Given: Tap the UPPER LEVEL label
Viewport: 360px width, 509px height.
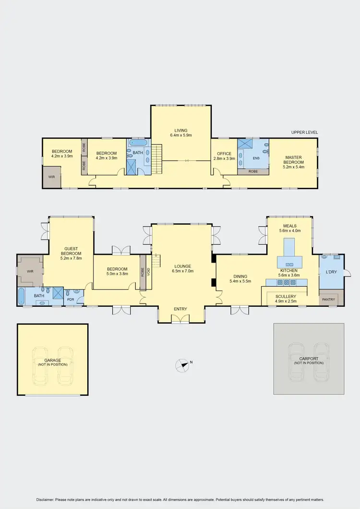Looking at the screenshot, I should (x=304, y=133).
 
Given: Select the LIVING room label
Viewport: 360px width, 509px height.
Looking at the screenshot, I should (x=180, y=130).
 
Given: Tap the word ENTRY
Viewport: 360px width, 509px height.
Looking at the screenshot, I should (x=180, y=309).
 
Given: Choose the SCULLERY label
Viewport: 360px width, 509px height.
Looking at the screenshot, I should (x=285, y=296).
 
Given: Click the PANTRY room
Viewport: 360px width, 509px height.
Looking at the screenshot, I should (x=328, y=299).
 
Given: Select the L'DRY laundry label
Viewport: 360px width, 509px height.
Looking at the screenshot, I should (x=331, y=272).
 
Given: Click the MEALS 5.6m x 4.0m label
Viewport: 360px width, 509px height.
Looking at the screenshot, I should (x=289, y=228).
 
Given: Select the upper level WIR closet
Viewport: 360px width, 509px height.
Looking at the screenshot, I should (x=51, y=177).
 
